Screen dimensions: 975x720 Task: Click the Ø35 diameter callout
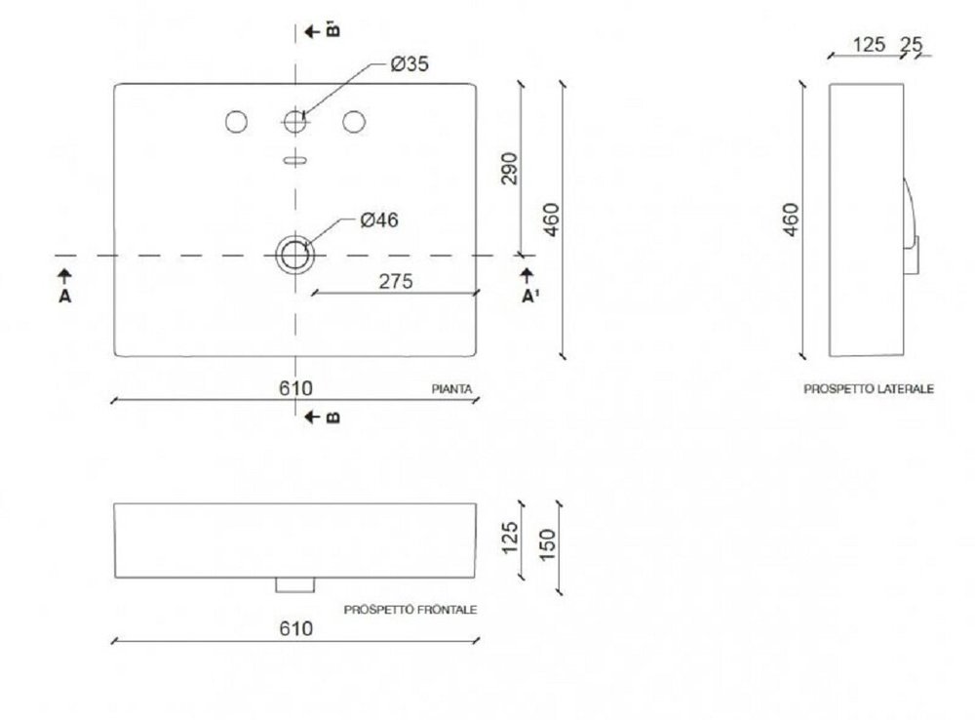[409, 64]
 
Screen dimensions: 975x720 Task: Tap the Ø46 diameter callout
[379, 220]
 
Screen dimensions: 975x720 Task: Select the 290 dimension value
[509, 169]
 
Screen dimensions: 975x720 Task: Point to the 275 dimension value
[396, 281]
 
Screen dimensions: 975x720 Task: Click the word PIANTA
[452, 389]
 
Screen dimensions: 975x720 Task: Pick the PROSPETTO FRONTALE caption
[410, 610]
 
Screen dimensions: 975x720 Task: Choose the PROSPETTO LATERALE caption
[869, 389]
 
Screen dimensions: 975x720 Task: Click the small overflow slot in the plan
[295, 161]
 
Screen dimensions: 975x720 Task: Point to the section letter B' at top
[333, 30]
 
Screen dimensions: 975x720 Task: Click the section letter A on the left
[65, 297]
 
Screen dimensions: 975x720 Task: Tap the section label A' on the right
[529, 297]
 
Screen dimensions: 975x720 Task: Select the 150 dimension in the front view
[547, 544]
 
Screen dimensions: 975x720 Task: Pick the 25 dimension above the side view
[911, 45]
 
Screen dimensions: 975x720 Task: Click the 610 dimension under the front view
[296, 628]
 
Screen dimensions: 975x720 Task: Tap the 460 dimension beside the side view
[791, 220]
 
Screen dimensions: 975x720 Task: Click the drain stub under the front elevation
[295, 585]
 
